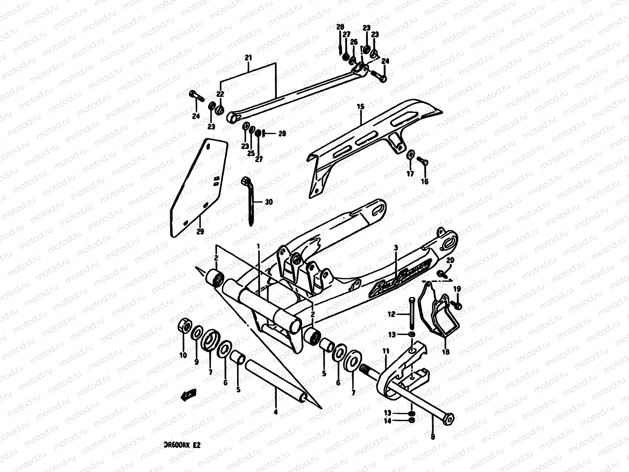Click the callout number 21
click(248, 58)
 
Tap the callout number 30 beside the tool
click(269, 202)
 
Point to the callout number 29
click(200, 232)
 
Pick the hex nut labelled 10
click(185, 326)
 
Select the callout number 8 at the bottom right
click(433, 436)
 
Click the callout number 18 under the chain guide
click(445, 352)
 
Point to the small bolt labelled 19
click(458, 305)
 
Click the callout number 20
click(451, 260)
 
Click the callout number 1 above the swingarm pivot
click(258, 246)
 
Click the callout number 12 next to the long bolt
click(392, 314)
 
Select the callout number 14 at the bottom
click(388, 421)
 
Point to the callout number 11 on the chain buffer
click(386, 350)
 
